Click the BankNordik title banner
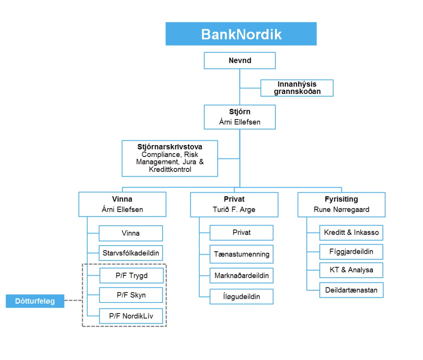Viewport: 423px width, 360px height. [x=241, y=34]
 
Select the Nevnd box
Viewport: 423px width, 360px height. [x=240, y=60]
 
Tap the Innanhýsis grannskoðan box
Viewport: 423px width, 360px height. [x=297, y=88]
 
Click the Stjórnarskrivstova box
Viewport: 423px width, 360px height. [x=170, y=158]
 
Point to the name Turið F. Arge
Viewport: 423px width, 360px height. [x=234, y=209]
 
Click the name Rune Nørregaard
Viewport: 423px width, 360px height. [x=341, y=209]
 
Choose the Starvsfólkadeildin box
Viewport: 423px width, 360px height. [x=131, y=253]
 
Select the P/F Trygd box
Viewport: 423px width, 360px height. [x=131, y=275]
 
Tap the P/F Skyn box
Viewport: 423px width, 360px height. [x=131, y=295]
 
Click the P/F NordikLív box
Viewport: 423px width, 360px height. [x=131, y=316]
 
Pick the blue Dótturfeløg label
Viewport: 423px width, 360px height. [x=35, y=301]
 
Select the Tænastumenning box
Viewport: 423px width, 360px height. [x=242, y=254]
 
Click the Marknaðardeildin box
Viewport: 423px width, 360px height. [x=242, y=275]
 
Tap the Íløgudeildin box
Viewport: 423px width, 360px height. [x=242, y=297]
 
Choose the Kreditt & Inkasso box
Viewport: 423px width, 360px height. [x=351, y=233]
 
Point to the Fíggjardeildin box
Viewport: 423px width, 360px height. [x=351, y=252]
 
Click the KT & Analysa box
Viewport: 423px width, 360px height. [x=351, y=270]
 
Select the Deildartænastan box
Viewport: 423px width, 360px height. [x=351, y=290]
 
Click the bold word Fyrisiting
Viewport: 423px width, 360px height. [x=341, y=199]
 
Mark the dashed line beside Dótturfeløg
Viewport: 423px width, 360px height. [x=73, y=300]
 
